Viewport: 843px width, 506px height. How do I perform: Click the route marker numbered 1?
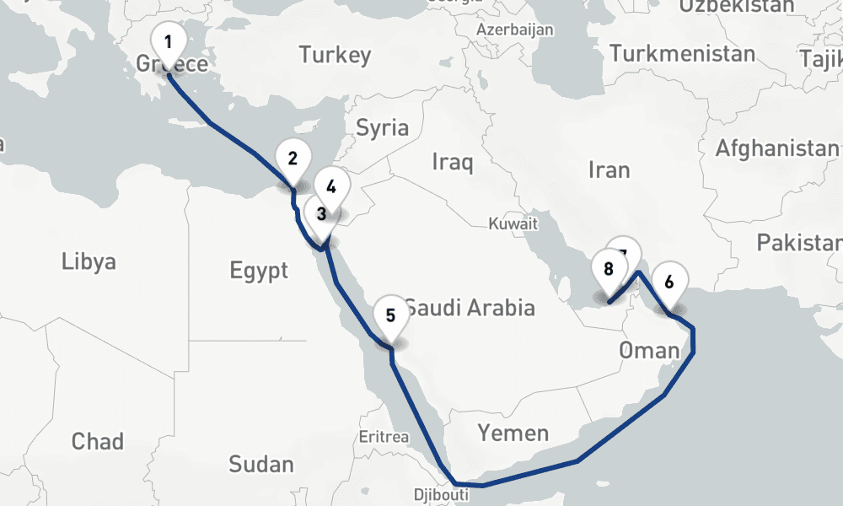[x=168, y=42]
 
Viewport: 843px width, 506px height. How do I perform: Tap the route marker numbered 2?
[x=293, y=159]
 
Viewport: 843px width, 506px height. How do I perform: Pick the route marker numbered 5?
[x=390, y=316]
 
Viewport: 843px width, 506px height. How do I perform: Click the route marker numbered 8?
[x=608, y=270]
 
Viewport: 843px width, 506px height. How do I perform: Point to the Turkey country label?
[x=335, y=56]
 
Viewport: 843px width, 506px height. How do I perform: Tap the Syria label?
[x=382, y=128]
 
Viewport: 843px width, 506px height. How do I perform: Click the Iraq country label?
[x=452, y=161]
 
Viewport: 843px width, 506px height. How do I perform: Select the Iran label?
[x=609, y=170]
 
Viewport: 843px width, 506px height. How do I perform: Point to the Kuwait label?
[x=513, y=224]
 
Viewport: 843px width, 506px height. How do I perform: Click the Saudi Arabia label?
[x=470, y=307]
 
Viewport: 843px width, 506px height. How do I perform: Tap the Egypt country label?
[x=259, y=271]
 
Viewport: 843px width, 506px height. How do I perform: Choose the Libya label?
[x=89, y=261]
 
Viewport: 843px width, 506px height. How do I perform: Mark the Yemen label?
[x=513, y=433]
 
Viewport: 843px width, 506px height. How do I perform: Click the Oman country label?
[x=649, y=350]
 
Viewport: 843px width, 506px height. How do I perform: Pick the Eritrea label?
[x=384, y=437]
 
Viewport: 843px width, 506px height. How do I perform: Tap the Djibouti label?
[x=441, y=495]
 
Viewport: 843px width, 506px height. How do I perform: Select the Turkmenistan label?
[x=682, y=54]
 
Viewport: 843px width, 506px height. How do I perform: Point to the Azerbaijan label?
[x=515, y=30]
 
